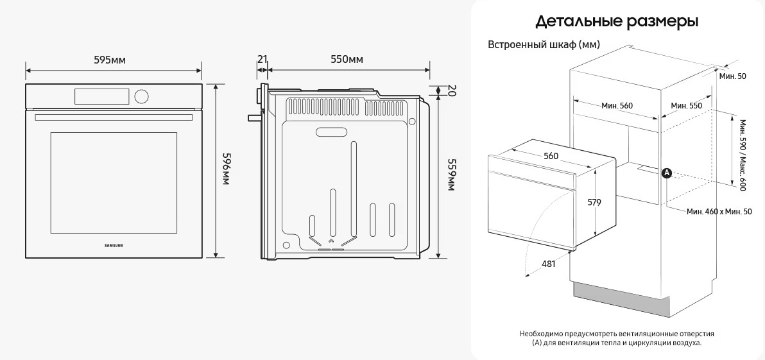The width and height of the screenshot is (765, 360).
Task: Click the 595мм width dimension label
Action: [110, 60]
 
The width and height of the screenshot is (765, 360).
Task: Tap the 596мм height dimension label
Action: [226, 169]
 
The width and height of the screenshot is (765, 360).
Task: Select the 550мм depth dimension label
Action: [347, 60]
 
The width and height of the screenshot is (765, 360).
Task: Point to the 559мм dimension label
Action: [451, 174]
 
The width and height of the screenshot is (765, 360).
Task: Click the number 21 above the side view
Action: [262, 60]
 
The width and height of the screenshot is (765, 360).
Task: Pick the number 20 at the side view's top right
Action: [451, 90]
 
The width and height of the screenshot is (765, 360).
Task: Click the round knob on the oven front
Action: [141, 96]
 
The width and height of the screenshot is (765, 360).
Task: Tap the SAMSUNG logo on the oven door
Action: [114, 244]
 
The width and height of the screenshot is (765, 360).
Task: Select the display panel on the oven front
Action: [102, 96]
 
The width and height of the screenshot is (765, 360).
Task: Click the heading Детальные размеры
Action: [617, 22]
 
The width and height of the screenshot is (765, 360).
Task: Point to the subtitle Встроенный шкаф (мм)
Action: [544, 45]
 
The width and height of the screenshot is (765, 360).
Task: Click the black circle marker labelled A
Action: [667, 173]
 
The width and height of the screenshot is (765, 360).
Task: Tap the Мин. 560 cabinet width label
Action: [617, 105]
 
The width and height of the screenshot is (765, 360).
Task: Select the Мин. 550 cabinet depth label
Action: [686, 105]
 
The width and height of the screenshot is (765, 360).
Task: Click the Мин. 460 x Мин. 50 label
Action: [719, 211]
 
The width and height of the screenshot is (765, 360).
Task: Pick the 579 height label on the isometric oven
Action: [594, 202]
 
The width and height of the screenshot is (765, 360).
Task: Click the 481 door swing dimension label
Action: [548, 264]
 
